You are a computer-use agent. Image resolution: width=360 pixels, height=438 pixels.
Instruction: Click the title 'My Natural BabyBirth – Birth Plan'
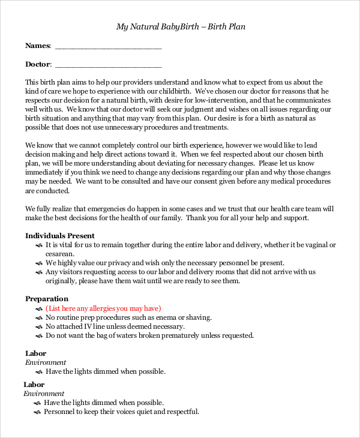click(180, 26)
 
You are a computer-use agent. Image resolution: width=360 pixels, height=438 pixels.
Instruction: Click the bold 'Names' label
click(37, 46)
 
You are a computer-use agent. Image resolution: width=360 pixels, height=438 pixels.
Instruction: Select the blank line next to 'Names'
click(108, 46)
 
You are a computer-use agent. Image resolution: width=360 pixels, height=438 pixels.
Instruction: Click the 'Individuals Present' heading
click(60, 236)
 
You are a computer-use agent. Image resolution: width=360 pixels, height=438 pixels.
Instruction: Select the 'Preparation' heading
click(47, 299)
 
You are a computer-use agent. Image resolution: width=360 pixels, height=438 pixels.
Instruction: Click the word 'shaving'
click(196, 317)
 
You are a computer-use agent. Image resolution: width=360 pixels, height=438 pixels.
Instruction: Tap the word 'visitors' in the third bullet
click(73, 272)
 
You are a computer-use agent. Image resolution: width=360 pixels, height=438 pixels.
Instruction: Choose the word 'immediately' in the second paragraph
click(47, 172)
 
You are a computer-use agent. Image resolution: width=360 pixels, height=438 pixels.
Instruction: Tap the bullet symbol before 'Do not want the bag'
click(38, 336)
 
